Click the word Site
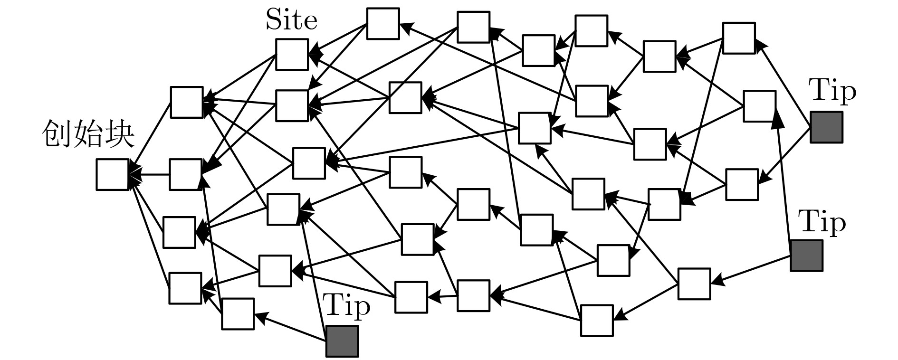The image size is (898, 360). click(291, 21)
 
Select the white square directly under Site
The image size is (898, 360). click(292, 55)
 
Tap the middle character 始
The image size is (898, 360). click(88, 134)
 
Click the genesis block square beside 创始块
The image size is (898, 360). click(112, 175)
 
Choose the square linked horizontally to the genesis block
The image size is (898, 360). click(185, 175)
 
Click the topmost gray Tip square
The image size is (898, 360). click(826, 127)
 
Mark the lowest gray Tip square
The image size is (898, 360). click(342, 341)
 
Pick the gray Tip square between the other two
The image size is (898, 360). click(806, 256)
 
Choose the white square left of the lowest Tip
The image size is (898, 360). click(238, 314)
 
